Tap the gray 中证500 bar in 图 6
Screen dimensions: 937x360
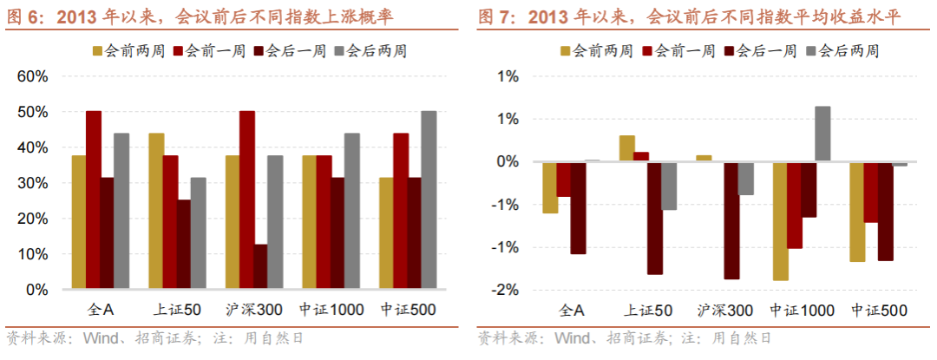[429, 200]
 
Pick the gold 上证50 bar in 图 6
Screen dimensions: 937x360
[156, 212]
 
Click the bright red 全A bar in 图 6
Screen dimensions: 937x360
[94, 200]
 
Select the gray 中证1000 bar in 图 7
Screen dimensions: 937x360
[822, 134]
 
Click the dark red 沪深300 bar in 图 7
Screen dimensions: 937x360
[731, 220]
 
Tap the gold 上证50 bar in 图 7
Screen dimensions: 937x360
[627, 148]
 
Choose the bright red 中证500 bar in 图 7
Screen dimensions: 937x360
[871, 193]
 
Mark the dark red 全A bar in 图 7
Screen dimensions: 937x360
[578, 208]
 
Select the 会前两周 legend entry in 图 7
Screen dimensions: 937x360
[597, 51]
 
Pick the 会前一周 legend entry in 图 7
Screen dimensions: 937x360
[678, 51]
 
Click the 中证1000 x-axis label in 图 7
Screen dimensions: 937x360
[802, 311]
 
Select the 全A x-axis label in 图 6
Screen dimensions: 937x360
[101, 310]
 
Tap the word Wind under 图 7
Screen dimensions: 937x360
[569, 339]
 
